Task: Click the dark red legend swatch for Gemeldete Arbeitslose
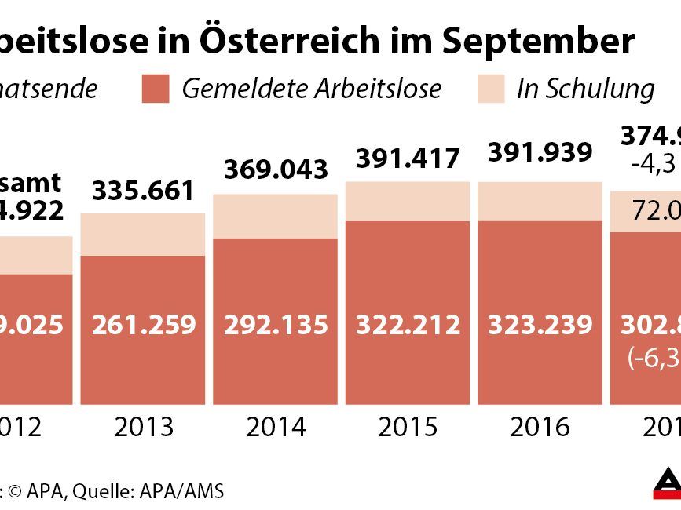point(155,89)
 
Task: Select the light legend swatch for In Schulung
point(490,89)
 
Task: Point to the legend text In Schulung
point(584,89)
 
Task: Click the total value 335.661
point(143,191)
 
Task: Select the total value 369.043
point(275,169)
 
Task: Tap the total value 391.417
point(407,158)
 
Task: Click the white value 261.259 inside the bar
point(143,324)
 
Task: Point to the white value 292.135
point(275,324)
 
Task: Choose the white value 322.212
point(407,324)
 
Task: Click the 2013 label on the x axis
point(143,428)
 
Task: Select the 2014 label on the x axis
point(275,428)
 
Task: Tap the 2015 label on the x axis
point(407,428)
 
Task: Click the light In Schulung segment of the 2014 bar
point(275,216)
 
